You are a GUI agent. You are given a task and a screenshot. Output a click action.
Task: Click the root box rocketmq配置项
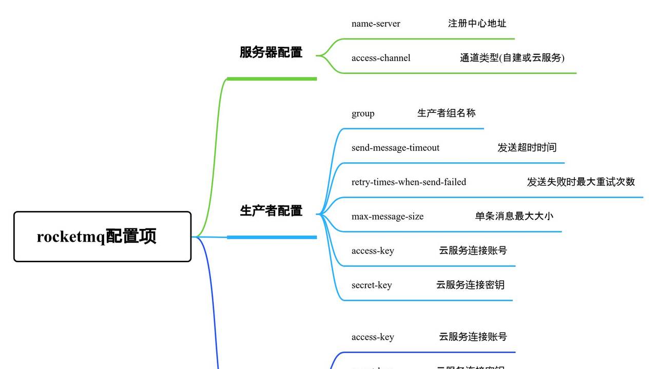[102, 237]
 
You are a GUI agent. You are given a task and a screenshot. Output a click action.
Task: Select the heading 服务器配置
[271, 52]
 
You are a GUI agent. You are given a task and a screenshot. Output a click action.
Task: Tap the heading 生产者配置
[271, 211]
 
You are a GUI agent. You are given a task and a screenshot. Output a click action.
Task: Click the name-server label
[376, 24]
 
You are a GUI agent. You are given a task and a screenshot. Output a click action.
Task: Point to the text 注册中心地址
[477, 24]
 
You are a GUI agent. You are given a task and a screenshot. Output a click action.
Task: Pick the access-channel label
[381, 58]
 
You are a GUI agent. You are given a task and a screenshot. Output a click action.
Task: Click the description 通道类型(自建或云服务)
[512, 58]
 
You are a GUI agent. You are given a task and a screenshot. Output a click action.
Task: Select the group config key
[363, 113]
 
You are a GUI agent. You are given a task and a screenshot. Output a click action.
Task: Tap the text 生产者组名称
[446, 113]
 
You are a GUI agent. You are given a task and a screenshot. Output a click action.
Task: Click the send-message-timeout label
[395, 148]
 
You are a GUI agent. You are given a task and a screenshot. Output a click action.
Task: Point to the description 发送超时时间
[527, 148]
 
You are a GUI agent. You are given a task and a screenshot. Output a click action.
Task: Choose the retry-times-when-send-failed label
[409, 182]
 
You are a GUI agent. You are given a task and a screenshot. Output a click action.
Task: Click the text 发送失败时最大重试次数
[581, 182]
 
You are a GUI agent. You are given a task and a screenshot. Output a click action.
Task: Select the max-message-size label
[388, 217]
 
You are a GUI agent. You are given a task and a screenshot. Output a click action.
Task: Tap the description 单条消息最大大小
[514, 217]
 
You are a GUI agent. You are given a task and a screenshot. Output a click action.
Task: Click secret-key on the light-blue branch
[372, 285]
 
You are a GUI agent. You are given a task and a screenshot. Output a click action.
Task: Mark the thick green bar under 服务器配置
[272, 79]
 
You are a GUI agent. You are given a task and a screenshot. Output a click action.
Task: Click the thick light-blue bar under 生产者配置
[272, 237]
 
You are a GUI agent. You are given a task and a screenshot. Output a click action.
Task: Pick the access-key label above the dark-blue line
[373, 337]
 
